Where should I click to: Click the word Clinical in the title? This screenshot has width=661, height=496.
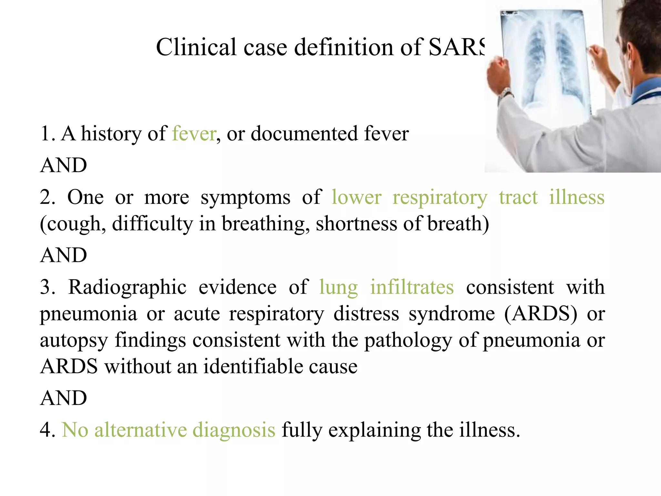click(x=196, y=47)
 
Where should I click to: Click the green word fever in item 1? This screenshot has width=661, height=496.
click(x=194, y=133)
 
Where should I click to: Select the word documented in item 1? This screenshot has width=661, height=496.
click(x=304, y=133)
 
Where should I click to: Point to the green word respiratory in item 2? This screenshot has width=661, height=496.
click(x=440, y=198)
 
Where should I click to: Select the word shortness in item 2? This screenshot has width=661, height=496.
click(x=356, y=223)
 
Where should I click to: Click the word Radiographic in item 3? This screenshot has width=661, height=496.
click(x=127, y=287)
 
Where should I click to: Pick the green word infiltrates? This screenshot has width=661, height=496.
click(x=412, y=287)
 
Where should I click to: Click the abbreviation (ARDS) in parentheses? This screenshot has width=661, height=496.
click(x=541, y=314)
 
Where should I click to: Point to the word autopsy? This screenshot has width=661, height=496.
click(x=74, y=341)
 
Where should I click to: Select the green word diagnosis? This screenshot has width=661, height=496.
click(x=234, y=430)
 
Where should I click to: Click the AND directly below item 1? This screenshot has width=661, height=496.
click(x=64, y=165)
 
